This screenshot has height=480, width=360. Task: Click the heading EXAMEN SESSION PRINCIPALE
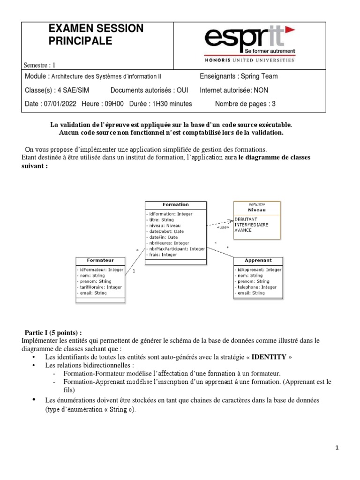click(x=96, y=35)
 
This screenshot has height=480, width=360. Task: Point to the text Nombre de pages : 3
click(x=245, y=104)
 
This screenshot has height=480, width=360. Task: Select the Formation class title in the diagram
click(x=175, y=205)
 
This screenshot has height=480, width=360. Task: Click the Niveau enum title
click(x=256, y=210)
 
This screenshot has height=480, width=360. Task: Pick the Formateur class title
click(x=100, y=260)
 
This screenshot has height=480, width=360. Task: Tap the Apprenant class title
click(x=258, y=260)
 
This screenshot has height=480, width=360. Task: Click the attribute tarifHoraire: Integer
click(x=101, y=287)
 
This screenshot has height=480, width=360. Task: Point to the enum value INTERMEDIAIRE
click(x=252, y=225)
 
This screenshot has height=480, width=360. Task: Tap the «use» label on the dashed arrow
click(x=223, y=227)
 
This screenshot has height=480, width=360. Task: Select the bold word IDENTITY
click(x=269, y=357)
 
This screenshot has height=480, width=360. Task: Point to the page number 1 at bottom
click(x=337, y=448)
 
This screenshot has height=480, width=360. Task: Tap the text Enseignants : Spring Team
click(x=239, y=76)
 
